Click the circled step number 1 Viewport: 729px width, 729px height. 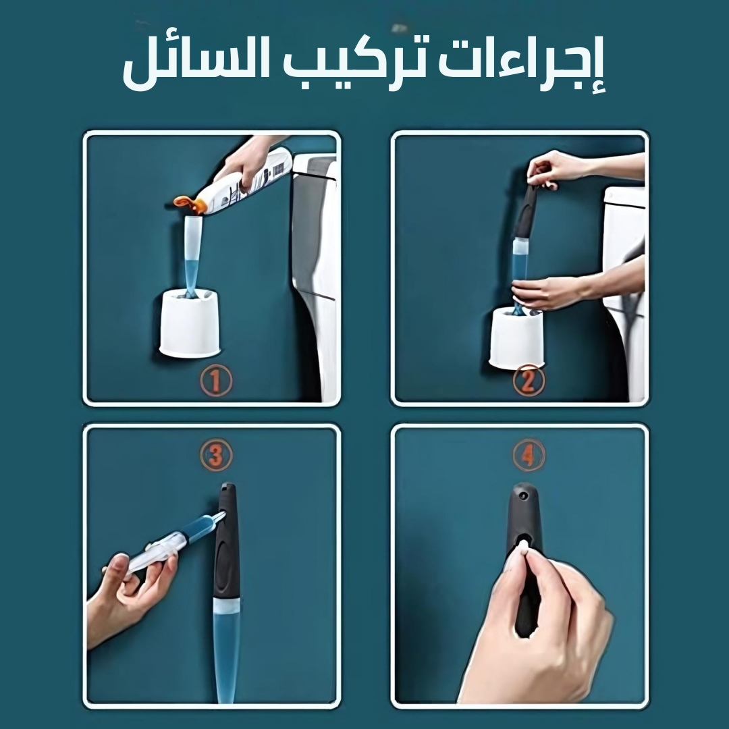(x=216, y=380)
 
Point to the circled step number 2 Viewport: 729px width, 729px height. (x=529, y=380)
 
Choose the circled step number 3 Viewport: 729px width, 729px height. (x=216, y=455)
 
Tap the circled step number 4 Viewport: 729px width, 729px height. (x=529, y=455)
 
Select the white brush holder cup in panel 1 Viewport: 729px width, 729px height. (x=189, y=323)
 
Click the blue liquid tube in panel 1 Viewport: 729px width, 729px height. (x=192, y=256)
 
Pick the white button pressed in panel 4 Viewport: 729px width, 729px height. (x=524, y=545)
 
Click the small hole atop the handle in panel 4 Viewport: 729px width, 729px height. (x=524, y=495)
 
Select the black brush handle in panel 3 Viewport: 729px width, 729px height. (x=226, y=541)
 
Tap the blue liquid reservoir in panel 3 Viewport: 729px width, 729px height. (x=226, y=651)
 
